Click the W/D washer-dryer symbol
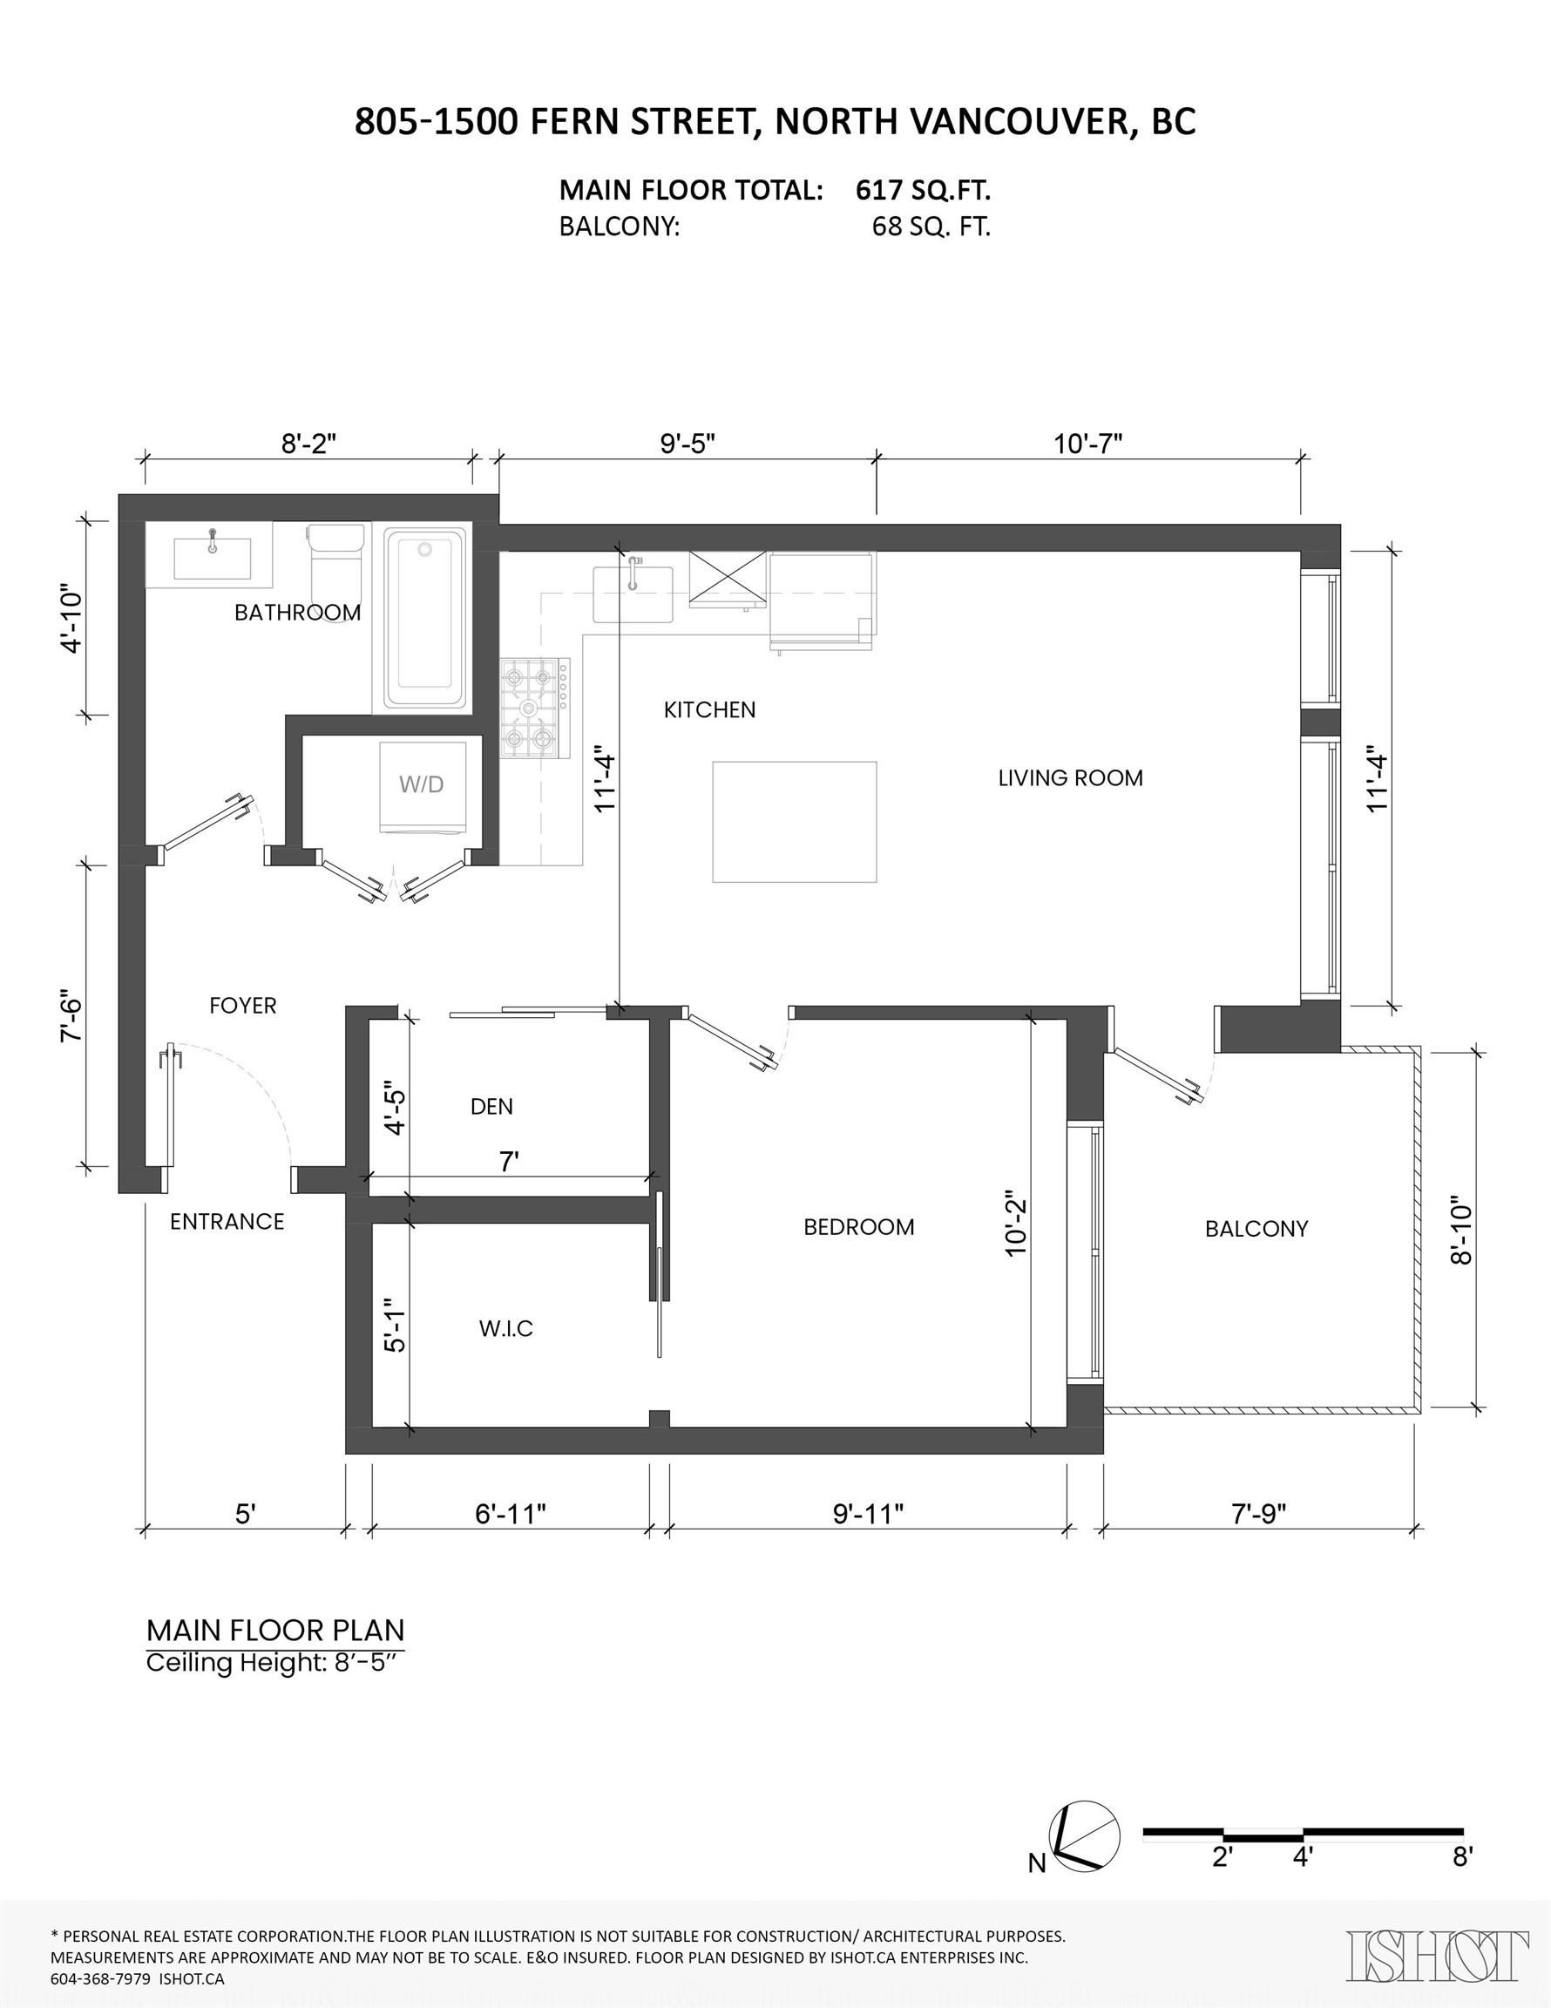422,786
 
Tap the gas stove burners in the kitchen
534,708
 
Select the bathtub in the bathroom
423,618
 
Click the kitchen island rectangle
795,821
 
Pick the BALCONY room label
1256,1228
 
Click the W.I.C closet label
505,1328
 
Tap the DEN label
491,1107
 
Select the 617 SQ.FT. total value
923,190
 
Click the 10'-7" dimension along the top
1087,444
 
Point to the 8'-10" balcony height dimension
1462,1231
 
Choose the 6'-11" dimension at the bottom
511,1513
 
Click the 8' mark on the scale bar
1462,1858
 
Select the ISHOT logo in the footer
1437,1956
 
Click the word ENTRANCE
227,1222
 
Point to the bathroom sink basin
213,558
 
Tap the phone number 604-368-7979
100,1978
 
